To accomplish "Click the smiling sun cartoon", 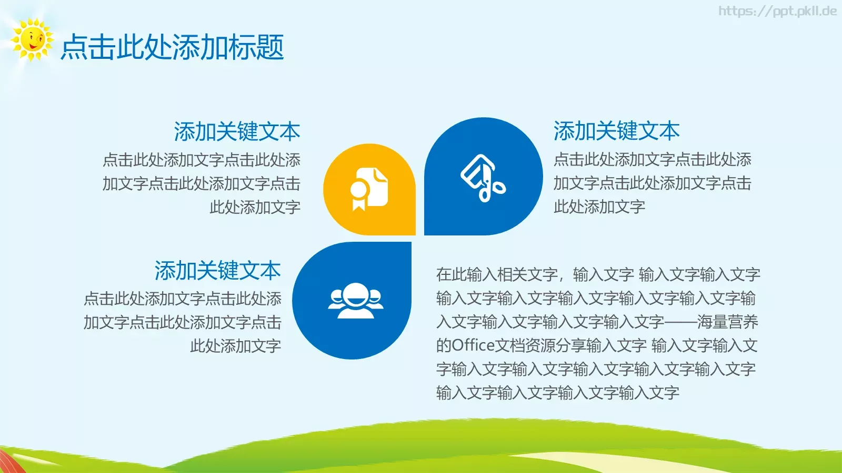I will (32, 40).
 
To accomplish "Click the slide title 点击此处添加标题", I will (172, 47).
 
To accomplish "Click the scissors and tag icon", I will (483, 178).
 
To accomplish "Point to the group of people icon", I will (355, 301).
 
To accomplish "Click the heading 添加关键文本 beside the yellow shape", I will (237, 131).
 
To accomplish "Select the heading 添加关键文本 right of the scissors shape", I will (616, 131).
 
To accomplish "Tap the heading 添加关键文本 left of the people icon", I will (217, 271).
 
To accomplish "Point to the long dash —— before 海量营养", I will (680, 322).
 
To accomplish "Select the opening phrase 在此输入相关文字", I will (497, 274).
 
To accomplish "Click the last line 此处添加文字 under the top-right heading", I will (599, 207).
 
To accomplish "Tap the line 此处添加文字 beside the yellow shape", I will (255, 207).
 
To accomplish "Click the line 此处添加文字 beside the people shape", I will (235, 346).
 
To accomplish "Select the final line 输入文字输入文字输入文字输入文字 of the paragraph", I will (557, 393).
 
